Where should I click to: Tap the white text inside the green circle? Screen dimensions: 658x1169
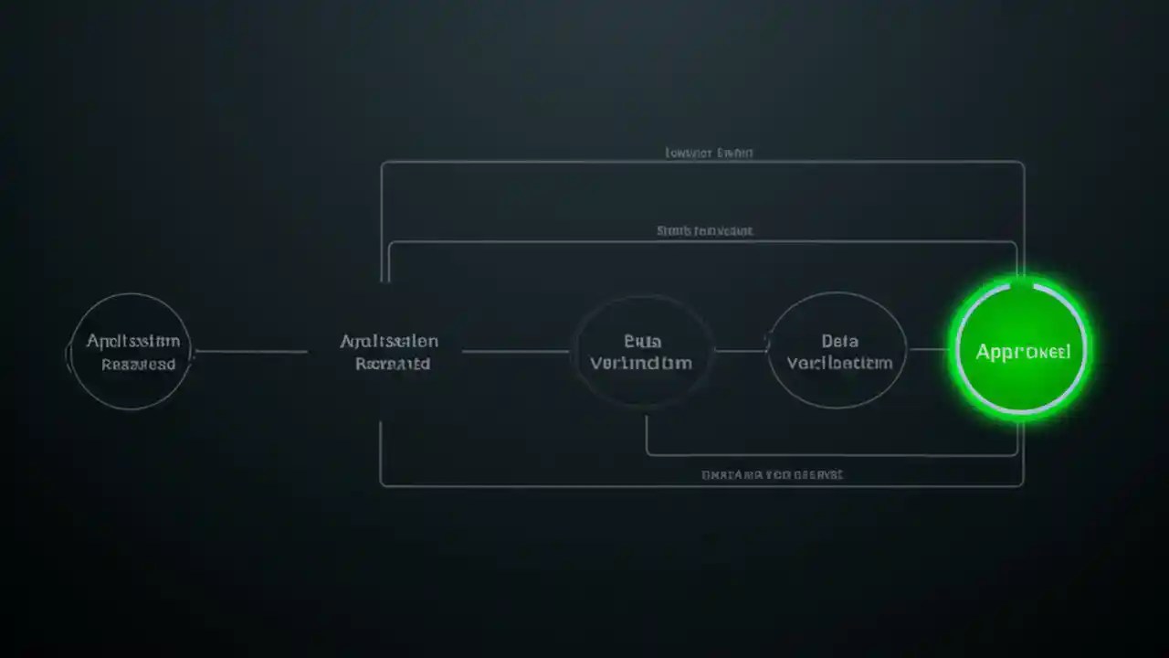1022,352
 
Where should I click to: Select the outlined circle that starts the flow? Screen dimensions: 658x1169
131,351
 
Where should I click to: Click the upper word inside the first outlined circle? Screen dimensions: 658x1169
133,341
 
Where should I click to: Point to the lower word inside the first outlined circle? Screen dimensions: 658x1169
138,364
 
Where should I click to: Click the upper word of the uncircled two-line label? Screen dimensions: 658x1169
389,341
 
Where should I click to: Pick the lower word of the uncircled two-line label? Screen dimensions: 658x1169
392,363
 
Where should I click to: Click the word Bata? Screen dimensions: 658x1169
642,341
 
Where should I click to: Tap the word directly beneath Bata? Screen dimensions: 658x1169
641,363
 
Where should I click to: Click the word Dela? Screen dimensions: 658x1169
839,341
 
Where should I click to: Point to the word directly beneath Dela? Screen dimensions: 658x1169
839,363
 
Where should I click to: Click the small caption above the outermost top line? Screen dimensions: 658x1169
710,154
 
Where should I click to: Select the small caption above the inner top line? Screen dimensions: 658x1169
705,231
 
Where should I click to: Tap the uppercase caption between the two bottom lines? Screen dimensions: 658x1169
772,475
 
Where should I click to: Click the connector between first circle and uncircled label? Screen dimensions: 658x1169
251,351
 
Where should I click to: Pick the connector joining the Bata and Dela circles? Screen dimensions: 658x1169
741,350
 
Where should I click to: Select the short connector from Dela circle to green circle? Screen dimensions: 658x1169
929,349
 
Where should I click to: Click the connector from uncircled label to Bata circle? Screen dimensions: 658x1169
516,351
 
